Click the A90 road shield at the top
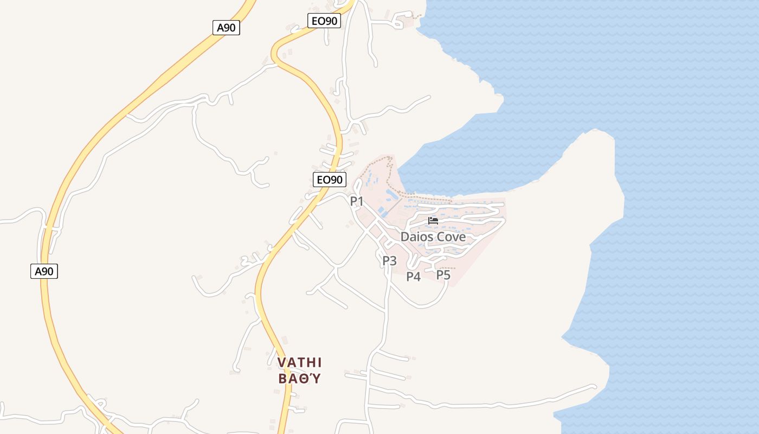pyautogui.click(x=226, y=28)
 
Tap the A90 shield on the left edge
pyautogui.click(x=44, y=271)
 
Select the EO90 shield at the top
pyautogui.click(x=324, y=21)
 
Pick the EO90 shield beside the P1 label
pyautogui.click(x=330, y=180)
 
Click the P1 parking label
pyautogui.click(x=357, y=201)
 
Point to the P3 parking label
pyautogui.click(x=390, y=261)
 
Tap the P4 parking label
pyautogui.click(x=414, y=277)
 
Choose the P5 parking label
pyautogui.click(x=443, y=275)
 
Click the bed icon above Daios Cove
pyautogui.click(x=433, y=220)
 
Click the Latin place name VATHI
pyautogui.click(x=300, y=362)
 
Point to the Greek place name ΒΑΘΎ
pyautogui.click(x=300, y=378)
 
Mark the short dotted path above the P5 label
pyautogui.click(x=448, y=267)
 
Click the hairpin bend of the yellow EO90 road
pyautogui.click(x=274, y=54)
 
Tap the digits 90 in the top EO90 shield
pyautogui.click(x=331, y=21)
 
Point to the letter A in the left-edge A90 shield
pyautogui.click(x=38, y=271)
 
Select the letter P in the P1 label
pyautogui.click(x=353, y=201)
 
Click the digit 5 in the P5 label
pyautogui.click(x=447, y=275)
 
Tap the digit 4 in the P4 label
pyautogui.click(x=417, y=277)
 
